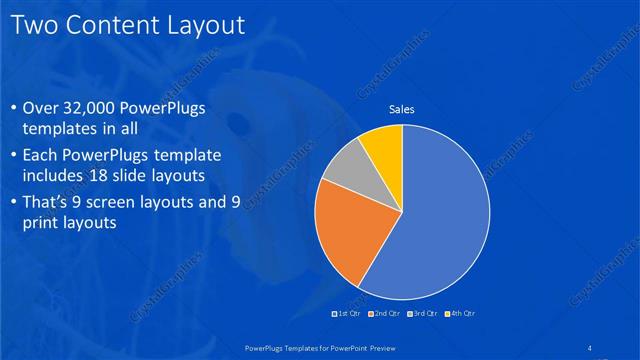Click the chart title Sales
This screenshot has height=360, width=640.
402,110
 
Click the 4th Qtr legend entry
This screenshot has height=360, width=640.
461,314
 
